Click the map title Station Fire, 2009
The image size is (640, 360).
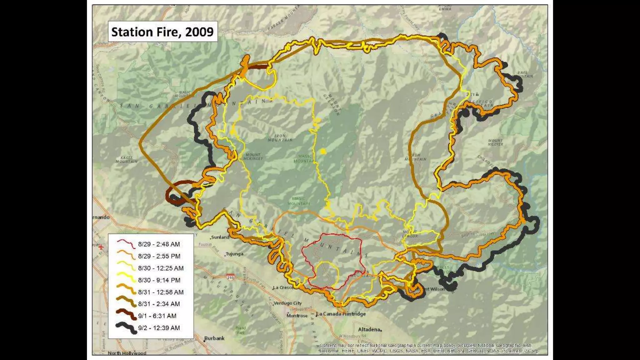(162, 32)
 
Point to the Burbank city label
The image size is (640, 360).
(214, 338)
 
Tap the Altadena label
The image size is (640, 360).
(369, 329)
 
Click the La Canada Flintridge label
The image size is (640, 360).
(341, 314)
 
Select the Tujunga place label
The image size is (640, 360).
(234, 254)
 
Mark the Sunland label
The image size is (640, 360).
(220, 237)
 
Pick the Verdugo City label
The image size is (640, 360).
(288, 303)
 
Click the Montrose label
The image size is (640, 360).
(297, 316)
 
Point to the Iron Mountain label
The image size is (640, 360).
(280, 138)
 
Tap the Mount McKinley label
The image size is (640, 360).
(253, 157)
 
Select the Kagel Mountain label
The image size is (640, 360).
(127, 160)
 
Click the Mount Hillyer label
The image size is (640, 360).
(495, 142)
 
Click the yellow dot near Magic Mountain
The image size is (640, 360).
(323, 152)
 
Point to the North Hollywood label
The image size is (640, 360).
(127, 353)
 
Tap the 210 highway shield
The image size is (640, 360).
(231, 277)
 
